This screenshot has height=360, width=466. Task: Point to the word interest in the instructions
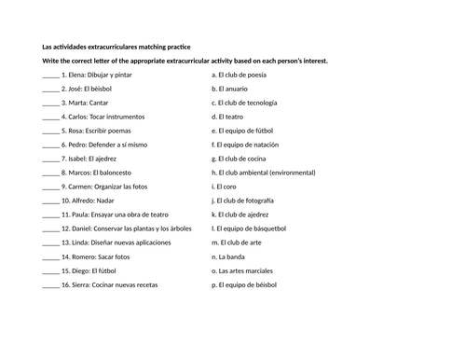tap(311, 62)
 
